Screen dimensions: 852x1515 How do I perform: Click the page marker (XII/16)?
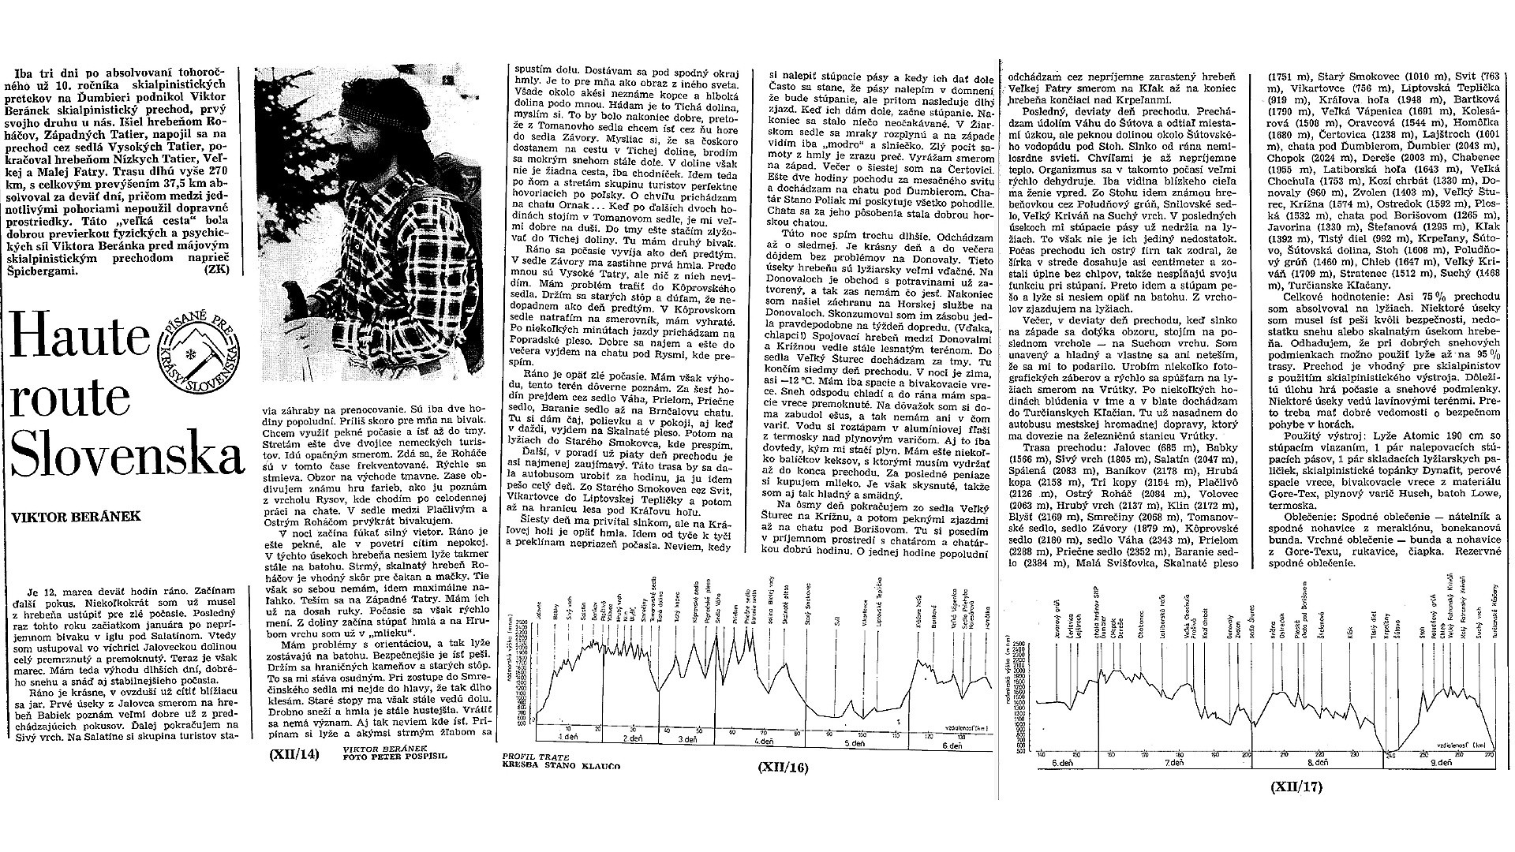click(x=782, y=766)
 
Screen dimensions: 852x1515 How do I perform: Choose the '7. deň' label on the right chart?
click(x=1173, y=765)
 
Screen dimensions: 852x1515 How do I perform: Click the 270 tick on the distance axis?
click(x=1490, y=756)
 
